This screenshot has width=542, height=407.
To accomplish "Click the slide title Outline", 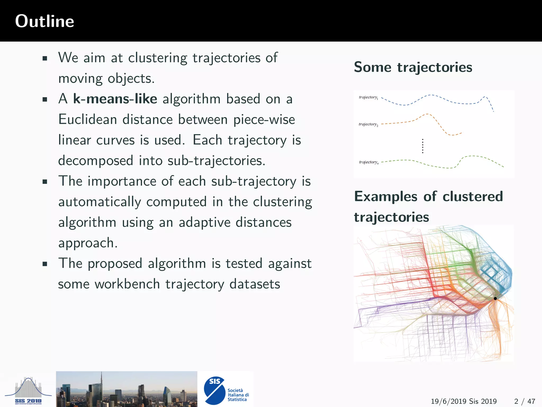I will (44, 21).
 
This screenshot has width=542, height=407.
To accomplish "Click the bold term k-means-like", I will (115, 99).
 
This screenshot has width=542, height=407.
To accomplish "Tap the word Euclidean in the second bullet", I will (88, 120).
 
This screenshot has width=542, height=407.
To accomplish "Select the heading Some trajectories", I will (413, 67).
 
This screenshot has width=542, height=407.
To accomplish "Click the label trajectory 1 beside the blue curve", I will (368, 97).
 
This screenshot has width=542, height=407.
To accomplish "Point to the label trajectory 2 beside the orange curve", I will (368, 124).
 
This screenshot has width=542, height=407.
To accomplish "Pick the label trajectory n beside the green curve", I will (368, 162).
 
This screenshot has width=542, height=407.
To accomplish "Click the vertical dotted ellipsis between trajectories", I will (423, 146).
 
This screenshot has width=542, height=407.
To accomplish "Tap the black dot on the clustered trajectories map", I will (495, 298).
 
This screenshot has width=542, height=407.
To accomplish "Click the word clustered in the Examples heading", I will (473, 197).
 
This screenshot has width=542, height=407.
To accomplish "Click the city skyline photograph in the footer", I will (127, 389).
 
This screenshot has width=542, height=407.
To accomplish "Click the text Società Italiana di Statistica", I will (238, 395).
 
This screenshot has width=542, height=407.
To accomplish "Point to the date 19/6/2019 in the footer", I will (448, 401).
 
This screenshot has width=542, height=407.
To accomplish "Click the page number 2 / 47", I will (525, 401).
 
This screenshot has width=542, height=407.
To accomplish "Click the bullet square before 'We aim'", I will (45, 58).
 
